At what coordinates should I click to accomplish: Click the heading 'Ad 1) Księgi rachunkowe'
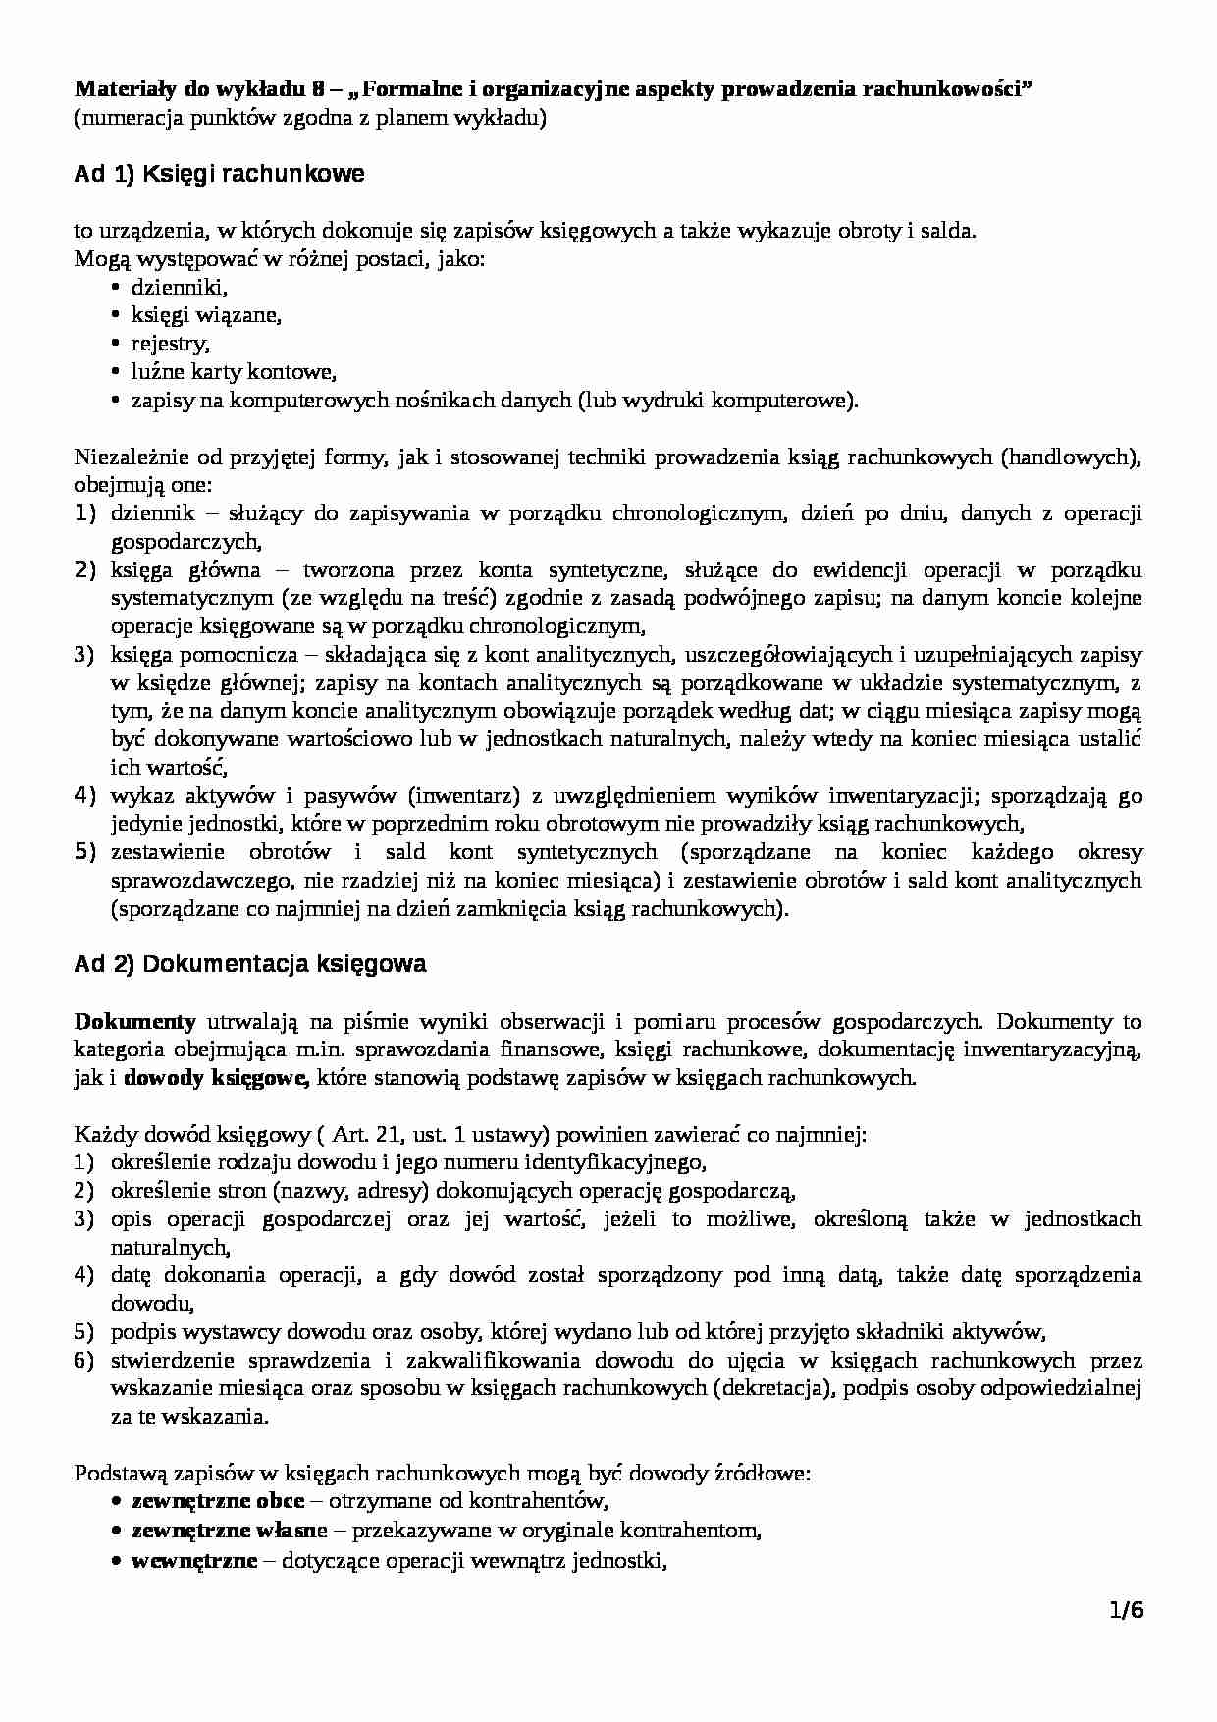219,175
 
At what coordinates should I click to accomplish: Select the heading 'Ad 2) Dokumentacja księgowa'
250,964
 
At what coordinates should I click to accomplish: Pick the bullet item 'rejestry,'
171,345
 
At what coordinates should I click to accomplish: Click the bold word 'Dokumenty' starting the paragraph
134,1021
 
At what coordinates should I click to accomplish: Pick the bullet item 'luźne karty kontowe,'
234,372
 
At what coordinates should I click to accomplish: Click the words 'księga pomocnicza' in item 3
188,654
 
